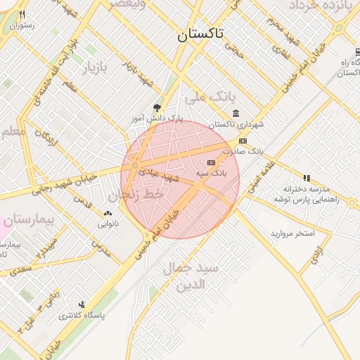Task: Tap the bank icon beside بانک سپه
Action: [x=212, y=162]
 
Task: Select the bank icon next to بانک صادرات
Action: [x=243, y=141]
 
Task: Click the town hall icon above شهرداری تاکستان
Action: [x=235, y=114]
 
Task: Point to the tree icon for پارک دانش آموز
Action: [x=156, y=108]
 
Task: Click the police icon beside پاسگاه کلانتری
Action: [x=82, y=304]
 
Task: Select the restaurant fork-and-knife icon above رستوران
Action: [x=23, y=15]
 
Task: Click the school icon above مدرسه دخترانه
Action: [x=306, y=178]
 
